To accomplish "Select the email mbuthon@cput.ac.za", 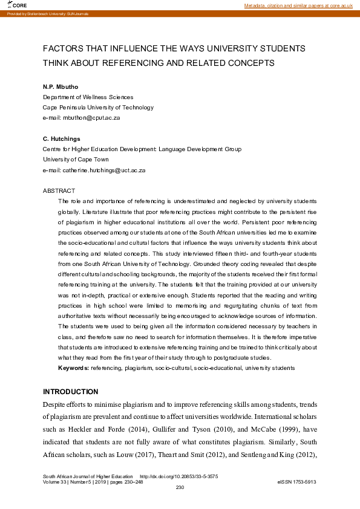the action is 91,117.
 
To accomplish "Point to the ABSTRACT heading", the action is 59,190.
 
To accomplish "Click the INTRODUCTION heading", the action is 70,391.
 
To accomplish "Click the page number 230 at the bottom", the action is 180,487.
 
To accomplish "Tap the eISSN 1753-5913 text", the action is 296,482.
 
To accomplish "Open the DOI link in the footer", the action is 179,476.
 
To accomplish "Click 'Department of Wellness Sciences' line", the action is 88,97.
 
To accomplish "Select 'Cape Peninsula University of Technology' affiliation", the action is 98,107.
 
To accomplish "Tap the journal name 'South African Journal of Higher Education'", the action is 88,476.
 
